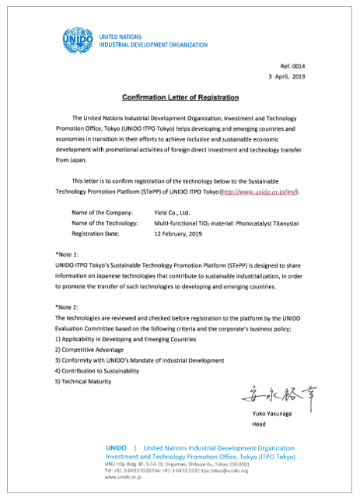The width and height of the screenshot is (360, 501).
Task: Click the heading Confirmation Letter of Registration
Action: [180, 97]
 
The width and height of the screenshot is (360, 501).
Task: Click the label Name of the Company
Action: [102, 212]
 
